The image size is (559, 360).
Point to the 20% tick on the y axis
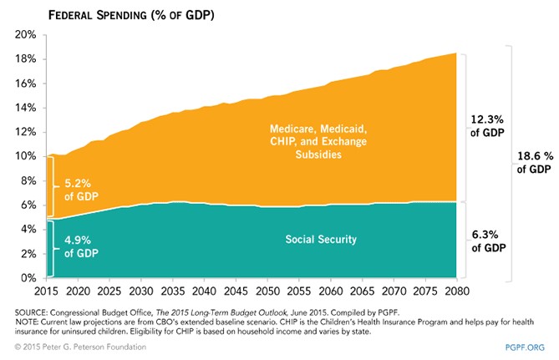[x=25, y=35]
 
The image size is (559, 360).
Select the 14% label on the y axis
[x=25, y=108]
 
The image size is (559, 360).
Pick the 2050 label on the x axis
[x=266, y=290]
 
